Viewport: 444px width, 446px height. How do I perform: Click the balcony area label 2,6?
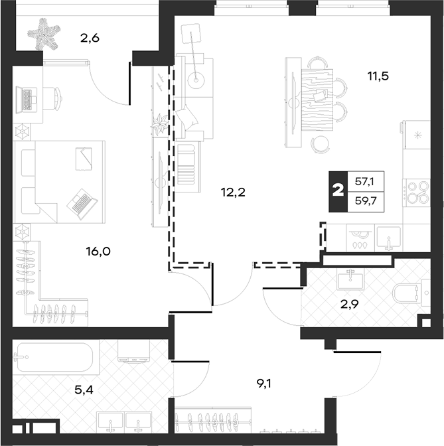tap(90, 38)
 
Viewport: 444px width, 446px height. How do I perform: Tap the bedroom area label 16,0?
tap(98, 252)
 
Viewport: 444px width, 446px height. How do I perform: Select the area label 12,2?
tap(233, 193)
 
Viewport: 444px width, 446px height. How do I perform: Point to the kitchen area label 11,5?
tap(378, 76)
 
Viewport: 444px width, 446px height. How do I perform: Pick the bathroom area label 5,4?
tap(84, 390)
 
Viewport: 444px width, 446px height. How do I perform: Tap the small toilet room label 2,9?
tap(350, 305)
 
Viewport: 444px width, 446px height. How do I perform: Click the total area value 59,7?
tap(366, 201)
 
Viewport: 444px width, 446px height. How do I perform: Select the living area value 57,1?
tap(364, 181)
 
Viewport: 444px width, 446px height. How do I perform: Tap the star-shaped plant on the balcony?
tap(44, 34)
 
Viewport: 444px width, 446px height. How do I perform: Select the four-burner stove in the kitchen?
tap(416, 193)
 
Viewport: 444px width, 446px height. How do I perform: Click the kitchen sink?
tap(388, 238)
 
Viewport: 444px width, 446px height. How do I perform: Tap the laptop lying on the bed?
tap(82, 204)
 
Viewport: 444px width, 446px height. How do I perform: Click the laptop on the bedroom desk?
tap(27, 100)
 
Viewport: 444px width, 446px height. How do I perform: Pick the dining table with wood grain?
tap(317, 100)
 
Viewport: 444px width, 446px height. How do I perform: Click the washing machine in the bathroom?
tap(134, 352)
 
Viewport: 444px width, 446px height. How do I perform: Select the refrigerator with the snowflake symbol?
tap(417, 135)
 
